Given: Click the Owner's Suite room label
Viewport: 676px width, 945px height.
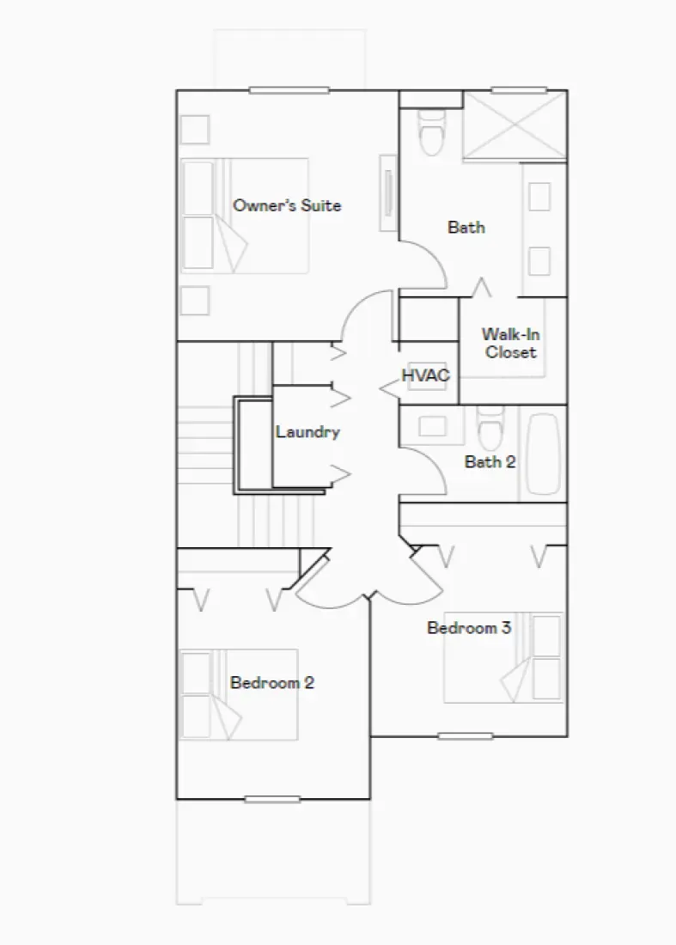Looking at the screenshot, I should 287,205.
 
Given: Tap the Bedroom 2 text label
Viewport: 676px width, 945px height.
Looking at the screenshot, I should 271,683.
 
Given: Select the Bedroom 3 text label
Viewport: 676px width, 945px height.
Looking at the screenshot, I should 469,628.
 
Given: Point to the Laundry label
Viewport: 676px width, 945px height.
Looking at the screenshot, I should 308,432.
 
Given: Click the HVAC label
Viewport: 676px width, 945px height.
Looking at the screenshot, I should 425,375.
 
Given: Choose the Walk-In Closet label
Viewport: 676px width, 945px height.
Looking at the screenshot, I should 510,343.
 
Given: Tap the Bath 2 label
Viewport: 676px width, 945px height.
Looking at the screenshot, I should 490,462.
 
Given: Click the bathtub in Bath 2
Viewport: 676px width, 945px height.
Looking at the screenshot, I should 542,454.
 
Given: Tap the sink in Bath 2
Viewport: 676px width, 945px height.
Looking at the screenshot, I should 427,424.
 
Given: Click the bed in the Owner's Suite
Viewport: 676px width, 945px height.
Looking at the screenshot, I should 244,215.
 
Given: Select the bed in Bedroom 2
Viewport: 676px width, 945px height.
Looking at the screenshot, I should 239,694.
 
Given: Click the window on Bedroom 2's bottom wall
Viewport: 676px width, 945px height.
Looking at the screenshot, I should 271,797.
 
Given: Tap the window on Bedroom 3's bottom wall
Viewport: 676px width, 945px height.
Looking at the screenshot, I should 465,736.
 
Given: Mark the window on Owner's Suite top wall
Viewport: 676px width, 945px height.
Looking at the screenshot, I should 288,90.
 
